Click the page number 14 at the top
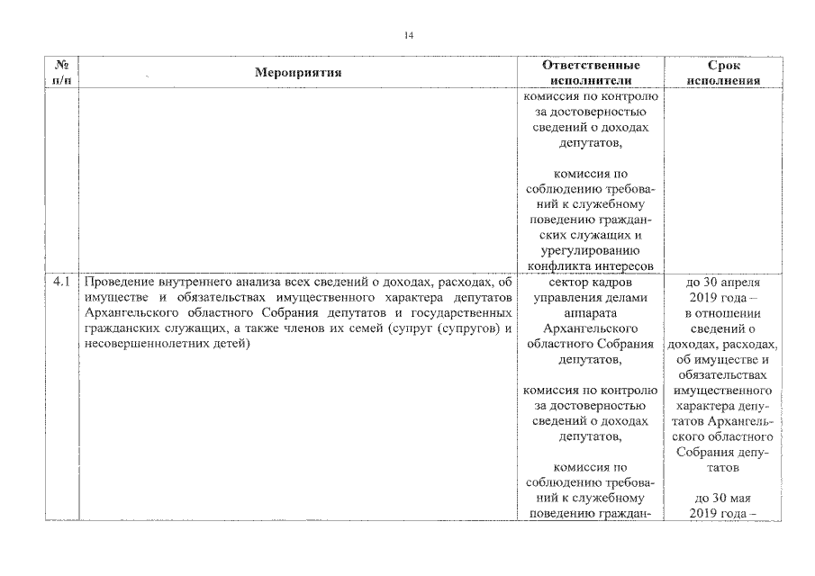[x=408, y=35]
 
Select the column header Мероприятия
[x=298, y=73]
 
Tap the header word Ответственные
[x=591, y=66]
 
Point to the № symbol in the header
[x=62, y=66]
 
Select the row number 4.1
[x=61, y=282]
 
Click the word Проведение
[x=114, y=282]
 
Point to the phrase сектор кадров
[x=591, y=282]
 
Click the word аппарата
[x=591, y=314]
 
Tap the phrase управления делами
[x=591, y=298]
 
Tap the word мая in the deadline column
[x=740, y=498]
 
